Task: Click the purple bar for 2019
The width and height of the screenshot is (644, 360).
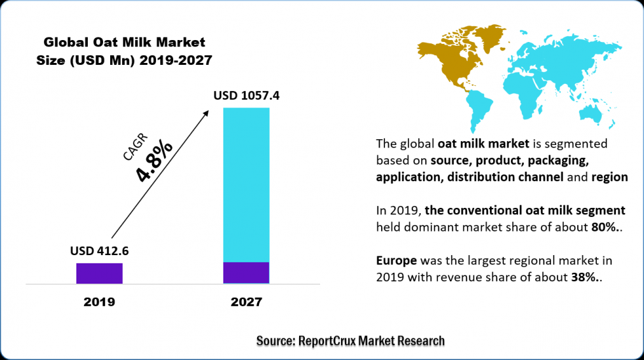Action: click(x=99, y=273)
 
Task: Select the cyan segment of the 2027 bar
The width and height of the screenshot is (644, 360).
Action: click(x=246, y=184)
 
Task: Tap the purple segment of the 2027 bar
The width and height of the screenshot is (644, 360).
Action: click(x=246, y=272)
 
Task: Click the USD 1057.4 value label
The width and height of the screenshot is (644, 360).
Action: click(x=246, y=96)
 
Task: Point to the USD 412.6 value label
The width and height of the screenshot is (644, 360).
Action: click(x=99, y=251)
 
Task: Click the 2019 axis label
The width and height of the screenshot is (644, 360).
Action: click(x=99, y=302)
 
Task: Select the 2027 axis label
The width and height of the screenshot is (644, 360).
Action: click(x=246, y=302)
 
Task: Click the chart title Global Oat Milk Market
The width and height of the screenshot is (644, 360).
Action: click(x=124, y=43)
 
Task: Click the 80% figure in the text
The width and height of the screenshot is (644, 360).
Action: click(x=601, y=227)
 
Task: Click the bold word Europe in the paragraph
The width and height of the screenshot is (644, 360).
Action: click(x=396, y=261)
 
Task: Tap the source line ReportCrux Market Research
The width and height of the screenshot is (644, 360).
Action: click(x=350, y=342)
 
